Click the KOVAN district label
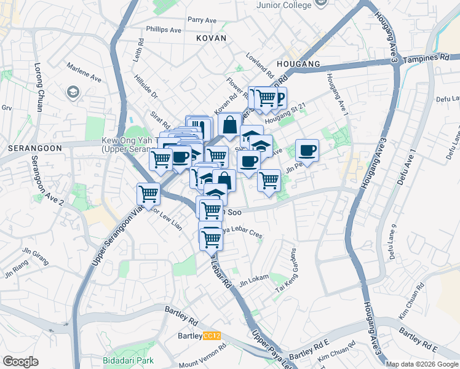pyautogui.click(x=212, y=38)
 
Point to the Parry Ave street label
pyautogui.click(x=202, y=20)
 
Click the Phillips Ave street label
pyautogui.click(x=164, y=30)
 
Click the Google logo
pyautogui.click(x=20, y=362)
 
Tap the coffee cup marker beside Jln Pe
pyautogui.click(x=307, y=150)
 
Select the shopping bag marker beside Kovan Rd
pyautogui.click(x=229, y=124)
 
